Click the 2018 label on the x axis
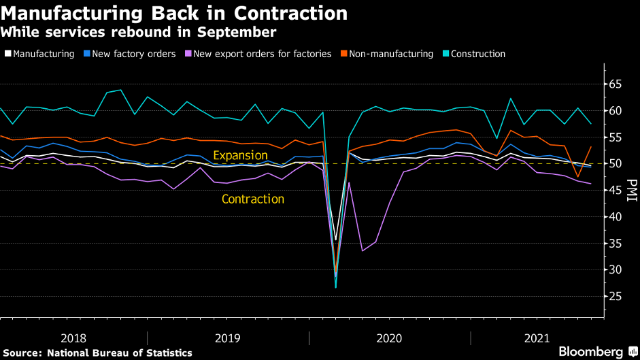coord(73,338)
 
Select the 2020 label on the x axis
coord(388,338)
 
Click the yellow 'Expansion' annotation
coord(240,155)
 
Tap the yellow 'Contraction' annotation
coord(253,199)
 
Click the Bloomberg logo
coord(590,351)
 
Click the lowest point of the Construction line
coord(335,287)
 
